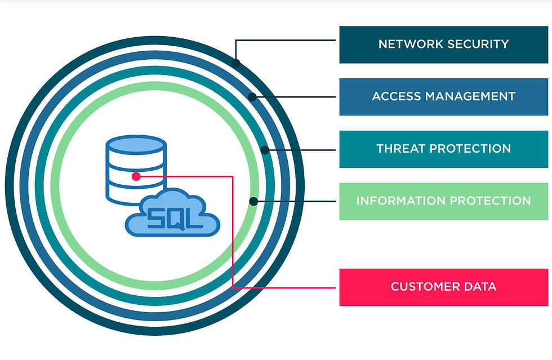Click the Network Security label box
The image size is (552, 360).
(x=443, y=45)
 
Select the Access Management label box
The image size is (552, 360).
(x=443, y=96)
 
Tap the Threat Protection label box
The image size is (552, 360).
(x=443, y=149)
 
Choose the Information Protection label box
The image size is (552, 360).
(x=443, y=201)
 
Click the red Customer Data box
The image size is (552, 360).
(x=443, y=287)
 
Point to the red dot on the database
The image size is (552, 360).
(x=136, y=176)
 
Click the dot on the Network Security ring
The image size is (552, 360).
(x=236, y=63)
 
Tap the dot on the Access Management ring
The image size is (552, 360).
(x=252, y=97)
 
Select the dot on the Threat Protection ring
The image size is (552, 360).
(x=265, y=150)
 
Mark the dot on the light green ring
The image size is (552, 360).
(x=253, y=201)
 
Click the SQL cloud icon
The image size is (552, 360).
(x=172, y=214)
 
